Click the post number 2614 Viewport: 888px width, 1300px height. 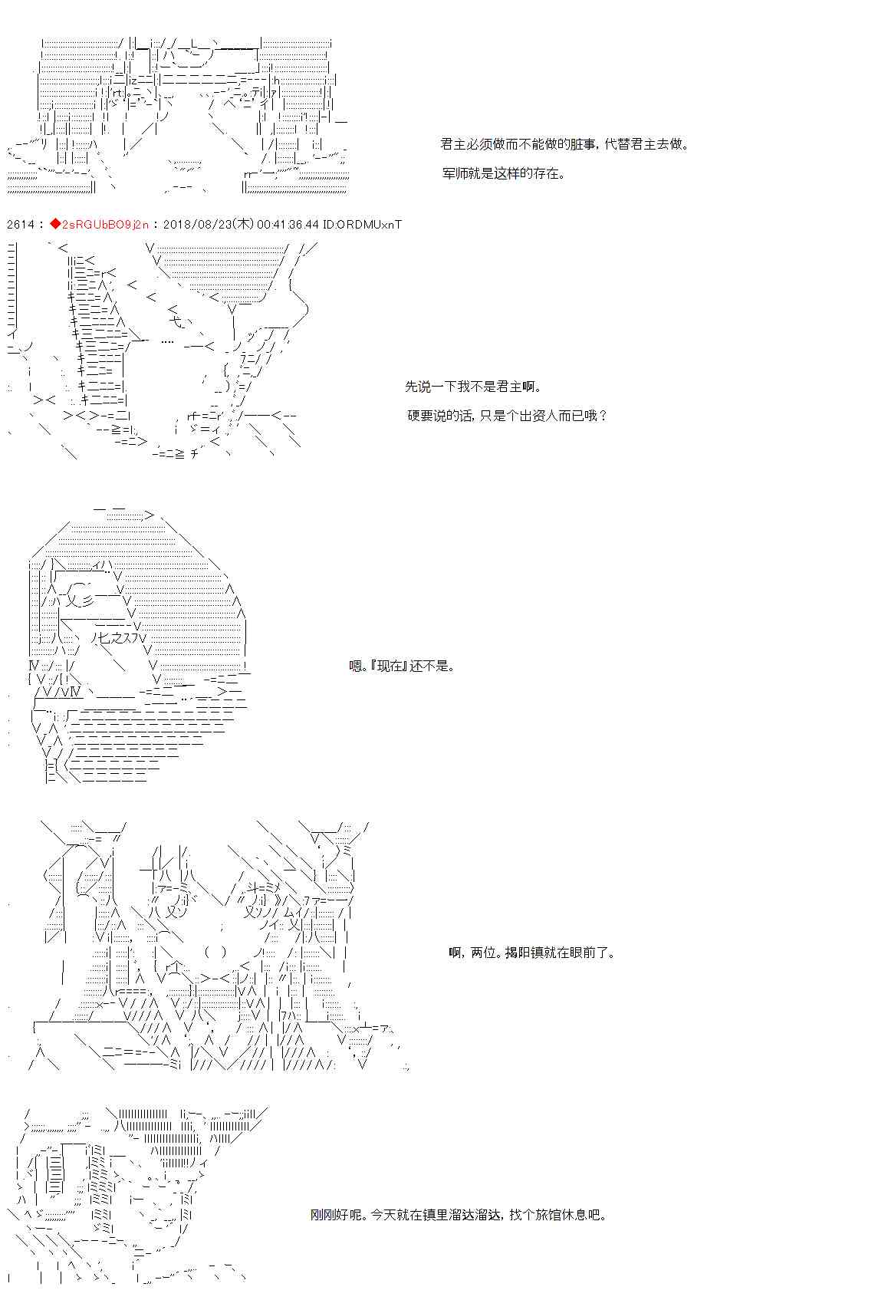[20, 224]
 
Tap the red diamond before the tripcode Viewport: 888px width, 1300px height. [55, 224]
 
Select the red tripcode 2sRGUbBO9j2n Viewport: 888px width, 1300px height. [105, 224]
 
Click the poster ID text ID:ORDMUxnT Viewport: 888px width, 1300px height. [362, 224]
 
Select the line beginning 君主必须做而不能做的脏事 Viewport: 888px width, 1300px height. [564, 144]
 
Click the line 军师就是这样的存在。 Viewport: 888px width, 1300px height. [503, 173]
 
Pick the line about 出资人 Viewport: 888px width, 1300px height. [508, 416]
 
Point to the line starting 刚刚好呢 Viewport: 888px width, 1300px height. [459, 1215]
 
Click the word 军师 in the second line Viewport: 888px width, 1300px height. [455, 173]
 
